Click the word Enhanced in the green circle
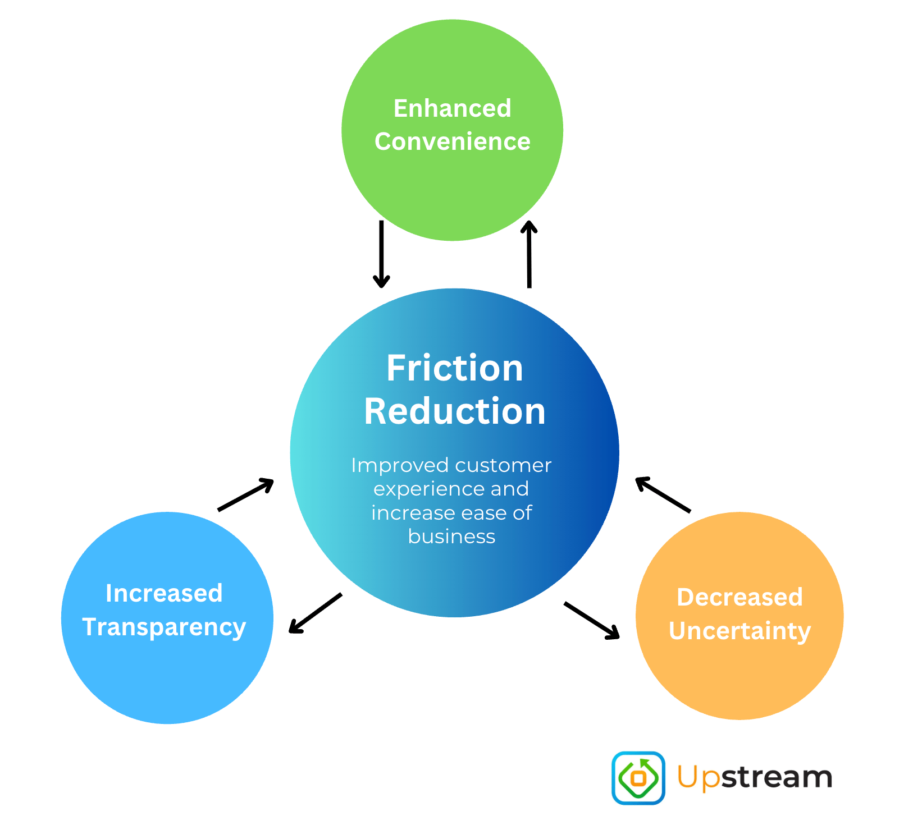coord(452,108)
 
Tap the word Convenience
coord(452,141)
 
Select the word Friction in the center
coord(455,368)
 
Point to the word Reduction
coord(455,411)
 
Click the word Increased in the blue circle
coord(164,593)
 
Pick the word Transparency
coord(164,627)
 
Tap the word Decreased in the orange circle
coord(739,597)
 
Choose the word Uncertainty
coord(739,631)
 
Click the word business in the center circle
coord(451,537)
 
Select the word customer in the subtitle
coord(503,465)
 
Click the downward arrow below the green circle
coord(381,254)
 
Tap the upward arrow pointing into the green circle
coord(529,254)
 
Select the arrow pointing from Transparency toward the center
coord(245,494)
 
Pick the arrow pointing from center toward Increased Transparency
coord(315,613)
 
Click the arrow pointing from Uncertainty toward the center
coord(663,494)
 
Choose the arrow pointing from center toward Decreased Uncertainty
coord(592,620)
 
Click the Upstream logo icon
coord(638,778)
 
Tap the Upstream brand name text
coord(755,778)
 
